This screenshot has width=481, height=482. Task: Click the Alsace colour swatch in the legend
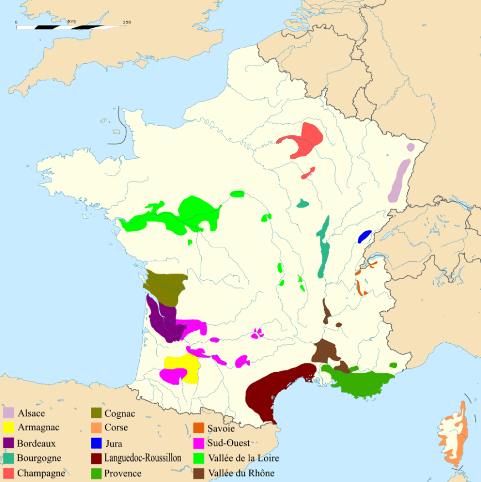(x=8, y=413)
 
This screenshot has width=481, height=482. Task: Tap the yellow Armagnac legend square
(x=8, y=428)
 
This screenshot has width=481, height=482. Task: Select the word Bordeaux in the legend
(x=36, y=443)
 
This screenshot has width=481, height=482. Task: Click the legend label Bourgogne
(x=39, y=458)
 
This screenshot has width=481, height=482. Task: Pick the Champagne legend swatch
(x=8, y=473)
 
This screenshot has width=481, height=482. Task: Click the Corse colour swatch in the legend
(x=96, y=428)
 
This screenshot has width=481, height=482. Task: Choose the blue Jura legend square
(x=96, y=443)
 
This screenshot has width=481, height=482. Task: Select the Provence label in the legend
(x=123, y=473)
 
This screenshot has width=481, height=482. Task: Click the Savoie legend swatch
(x=199, y=428)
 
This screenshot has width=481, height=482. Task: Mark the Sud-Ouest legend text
(x=229, y=443)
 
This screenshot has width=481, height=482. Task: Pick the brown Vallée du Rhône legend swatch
(x=199, y=473)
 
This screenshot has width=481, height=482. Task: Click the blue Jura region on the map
(x=365, y=236)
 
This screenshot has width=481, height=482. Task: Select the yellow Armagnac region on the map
(x=186, y=366)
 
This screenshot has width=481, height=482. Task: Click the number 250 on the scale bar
(x=126, y=22)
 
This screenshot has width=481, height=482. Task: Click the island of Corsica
(x=455, y=435)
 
